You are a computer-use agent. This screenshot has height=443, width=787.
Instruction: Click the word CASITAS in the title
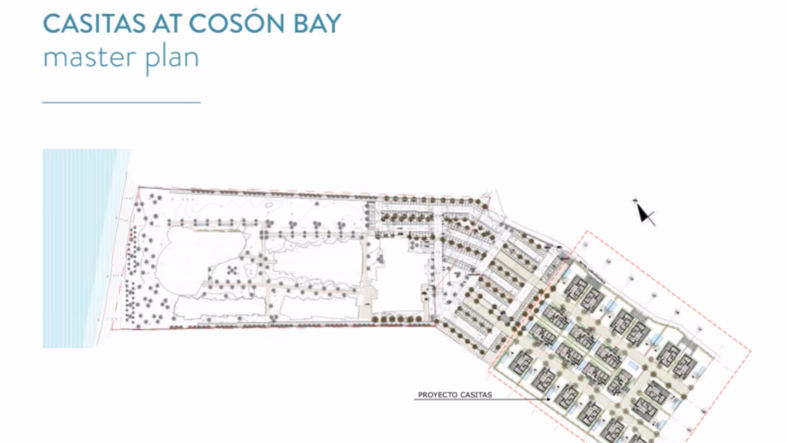point(94,23)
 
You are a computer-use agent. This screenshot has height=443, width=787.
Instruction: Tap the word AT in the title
point(167,23)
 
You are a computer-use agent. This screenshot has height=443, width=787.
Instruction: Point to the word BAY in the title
point(317,23)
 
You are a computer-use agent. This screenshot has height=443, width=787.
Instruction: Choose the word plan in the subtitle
point(173,59)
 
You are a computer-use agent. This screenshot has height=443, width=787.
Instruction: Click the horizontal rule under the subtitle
point(121,102)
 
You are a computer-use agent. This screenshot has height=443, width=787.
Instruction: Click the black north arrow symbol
point(644,212)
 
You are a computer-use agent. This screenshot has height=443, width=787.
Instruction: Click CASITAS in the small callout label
point(476,395)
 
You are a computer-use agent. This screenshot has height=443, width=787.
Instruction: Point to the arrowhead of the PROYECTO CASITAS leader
point(548,399)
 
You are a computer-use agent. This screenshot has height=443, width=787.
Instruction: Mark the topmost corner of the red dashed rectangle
point(588,231)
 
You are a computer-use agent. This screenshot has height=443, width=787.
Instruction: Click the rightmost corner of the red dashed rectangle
point(750,351)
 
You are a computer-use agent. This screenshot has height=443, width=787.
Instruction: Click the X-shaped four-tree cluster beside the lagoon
point(232,270)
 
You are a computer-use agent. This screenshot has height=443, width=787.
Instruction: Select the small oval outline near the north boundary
point(269,205)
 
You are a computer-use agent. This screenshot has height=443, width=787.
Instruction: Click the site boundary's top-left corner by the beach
point(139,187)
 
